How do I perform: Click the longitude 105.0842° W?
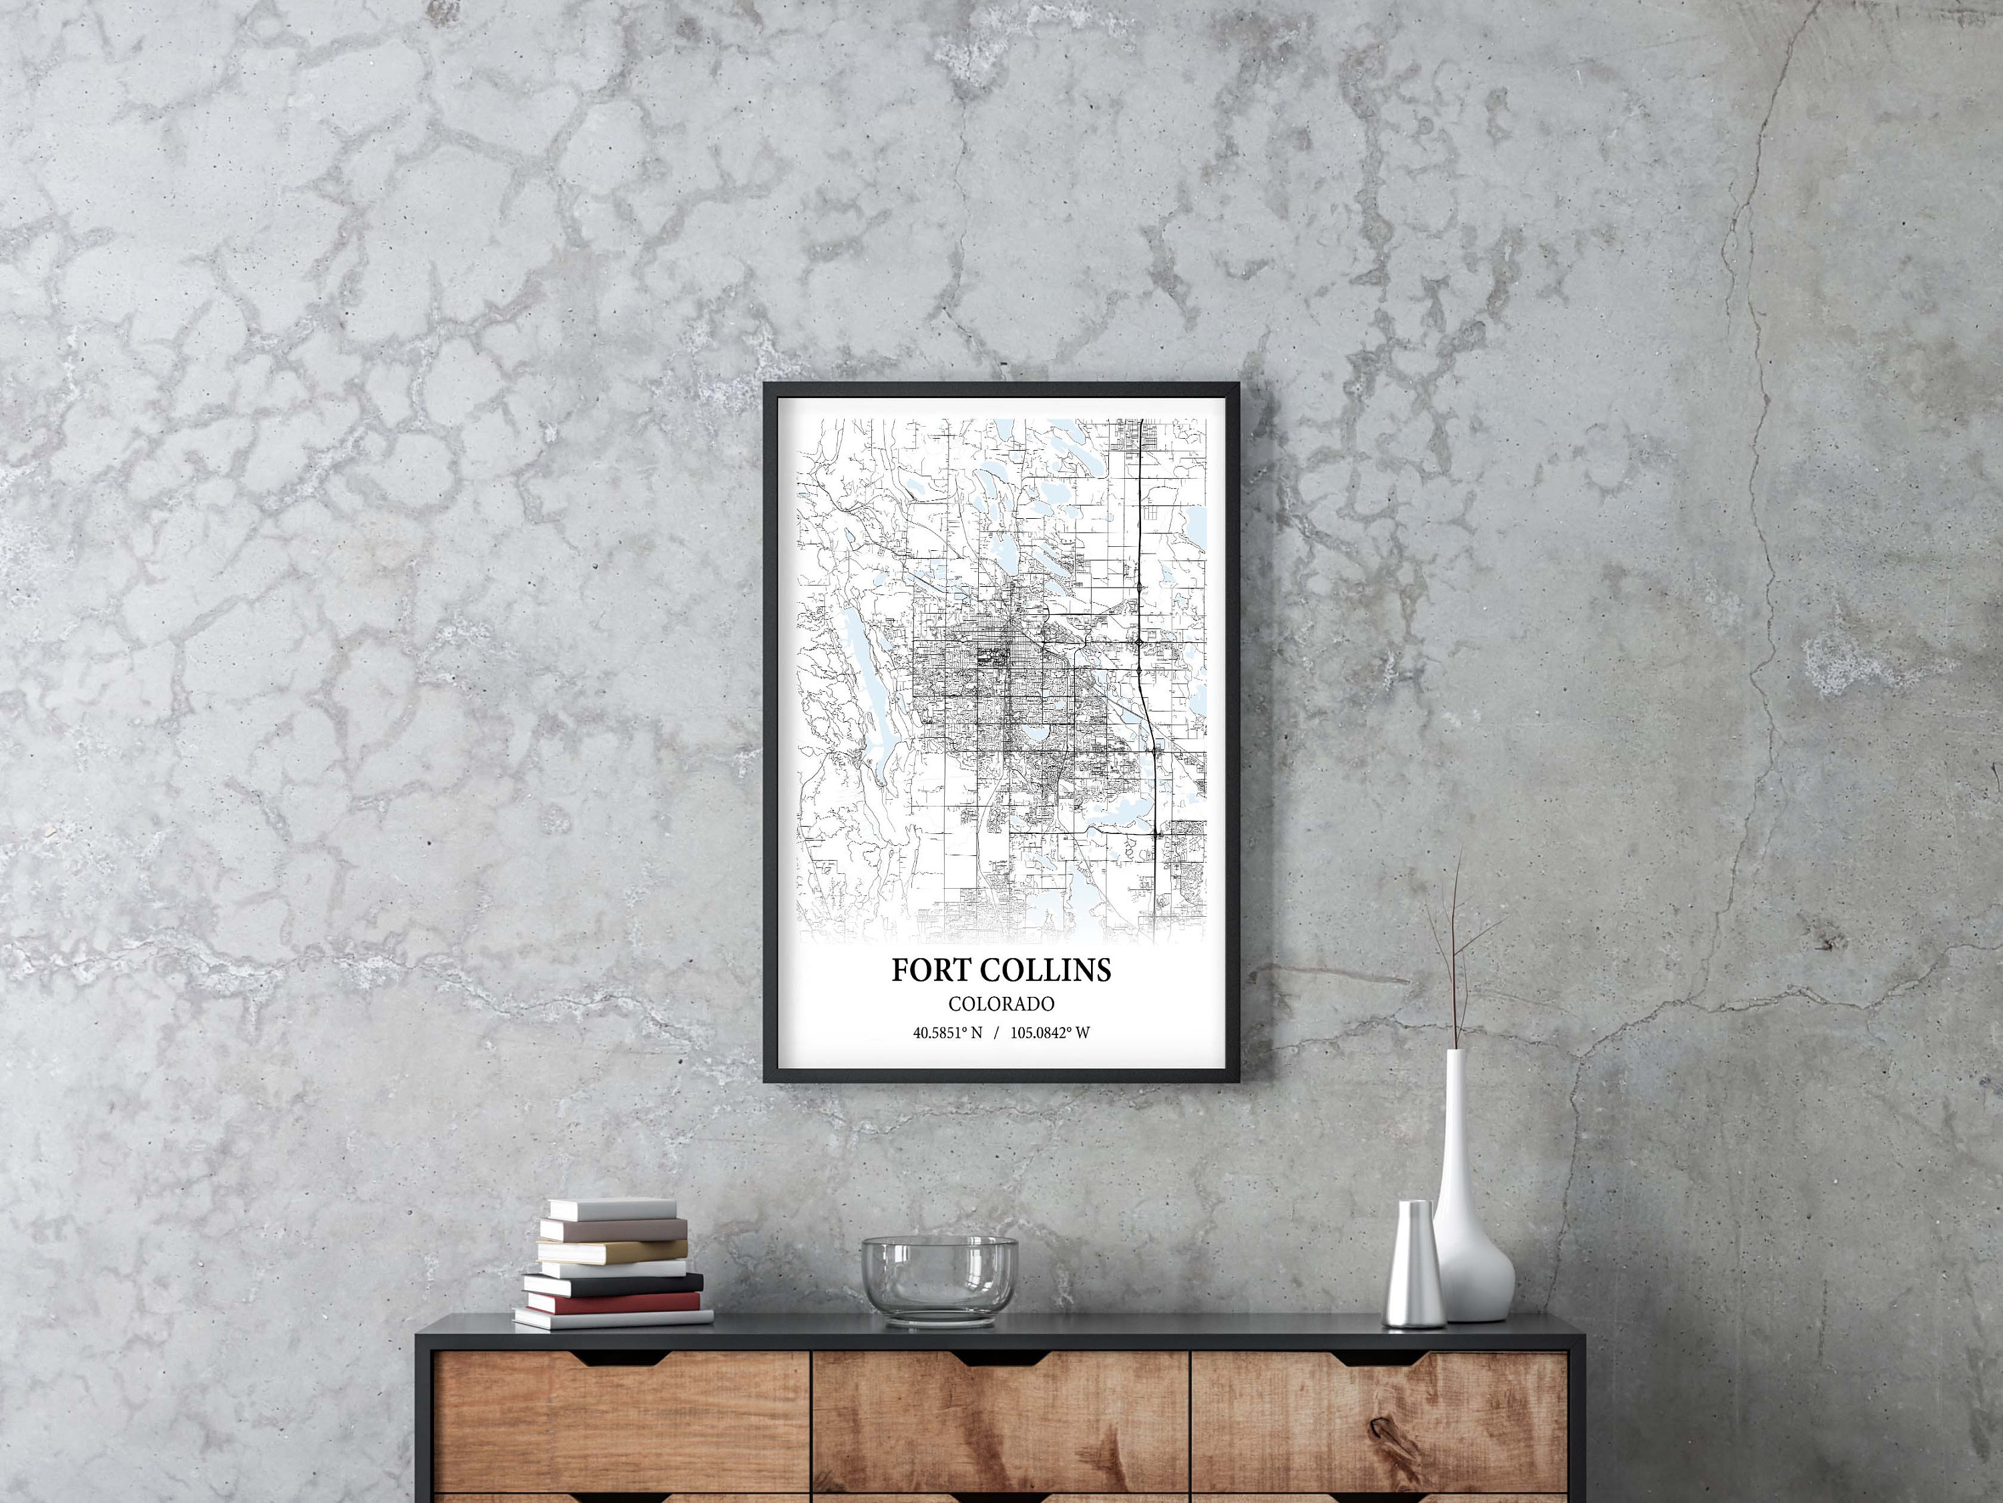coord(1053,1032)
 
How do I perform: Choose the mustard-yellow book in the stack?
coord(614,1251)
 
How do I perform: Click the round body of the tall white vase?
coord(1474,1271)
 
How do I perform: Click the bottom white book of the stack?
coord(612,1317)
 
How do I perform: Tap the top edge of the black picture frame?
coord(1001,387)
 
